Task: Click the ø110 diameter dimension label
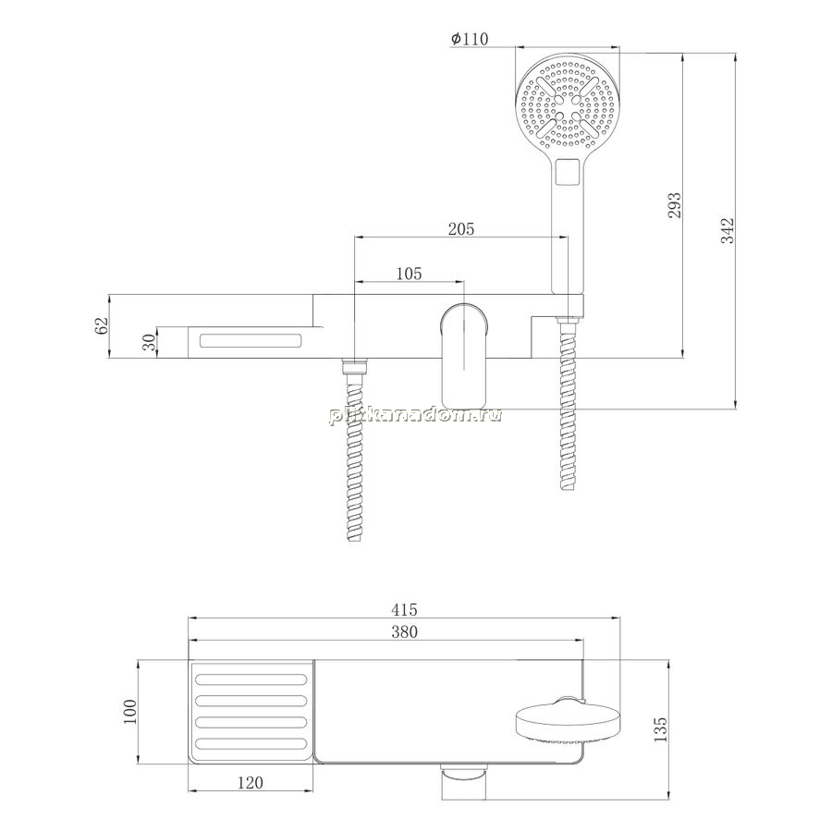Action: [x=469, y=39]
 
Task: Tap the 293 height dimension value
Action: [x=673, y=205]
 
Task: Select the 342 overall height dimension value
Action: [x=728, y=231]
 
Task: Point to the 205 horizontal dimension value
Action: [x=461, y=229]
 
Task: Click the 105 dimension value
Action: [x=410, y=274]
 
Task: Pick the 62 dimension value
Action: [x=101, y=325]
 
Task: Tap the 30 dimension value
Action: [x=150, y=342]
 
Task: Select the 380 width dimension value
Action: [x=404, y=632]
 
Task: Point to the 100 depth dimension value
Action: [x=130, y=712]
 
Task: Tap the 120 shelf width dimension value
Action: [x=250, y=783]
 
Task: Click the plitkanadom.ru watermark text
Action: [x=415, y=415]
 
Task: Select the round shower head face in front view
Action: [x=568, y=105]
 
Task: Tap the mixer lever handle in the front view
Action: [x=464, y=353]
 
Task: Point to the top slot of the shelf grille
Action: [x=251, y=679]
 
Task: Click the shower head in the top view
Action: [x=569, y=721]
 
